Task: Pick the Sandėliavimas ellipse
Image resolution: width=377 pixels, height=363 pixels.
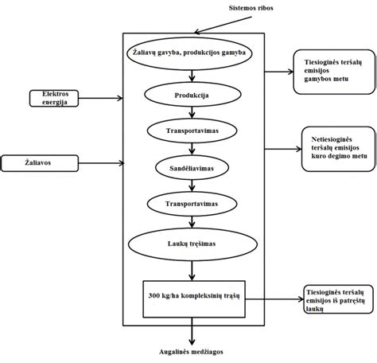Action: tap(191, 169)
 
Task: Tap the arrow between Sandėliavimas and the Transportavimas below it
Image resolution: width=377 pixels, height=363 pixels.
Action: tap(191, 186)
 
